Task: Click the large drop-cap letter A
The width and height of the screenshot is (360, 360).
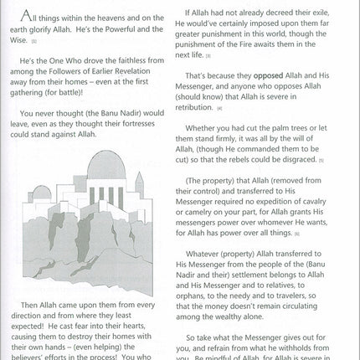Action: (x=28, y=17)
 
